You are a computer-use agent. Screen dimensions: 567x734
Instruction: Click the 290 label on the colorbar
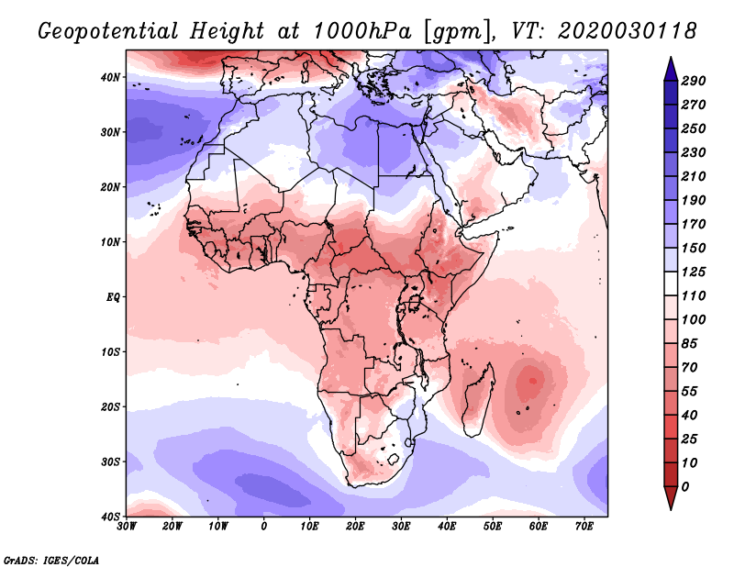pos(693,81)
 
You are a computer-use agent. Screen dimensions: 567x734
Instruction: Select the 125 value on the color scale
pos(693,272)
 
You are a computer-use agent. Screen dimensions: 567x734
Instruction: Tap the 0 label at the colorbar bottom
pos(686,485)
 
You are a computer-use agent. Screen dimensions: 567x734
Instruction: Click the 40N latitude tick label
pos(111,77)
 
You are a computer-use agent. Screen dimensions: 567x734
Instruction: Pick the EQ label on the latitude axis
pos(113,297)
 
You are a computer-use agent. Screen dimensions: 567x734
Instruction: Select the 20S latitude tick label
pos(111,406)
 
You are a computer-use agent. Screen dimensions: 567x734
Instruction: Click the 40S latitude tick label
pos(111,517)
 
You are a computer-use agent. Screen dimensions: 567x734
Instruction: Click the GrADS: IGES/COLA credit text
pos(51,559)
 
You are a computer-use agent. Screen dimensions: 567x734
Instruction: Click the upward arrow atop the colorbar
pos(671,67)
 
